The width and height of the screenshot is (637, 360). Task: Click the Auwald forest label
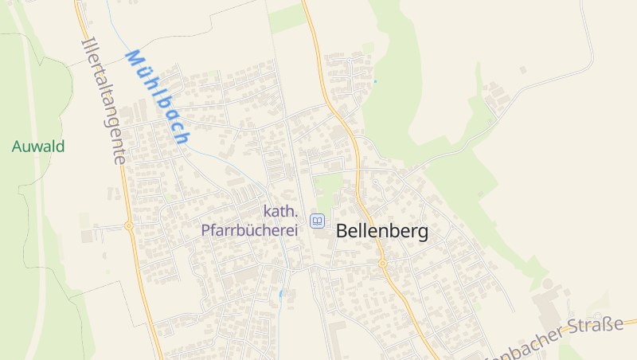click(x=38, y=147)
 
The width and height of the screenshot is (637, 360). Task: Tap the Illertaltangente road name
click(x=104, y=100)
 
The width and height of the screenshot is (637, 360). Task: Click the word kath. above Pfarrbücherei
click(x=280, y=212)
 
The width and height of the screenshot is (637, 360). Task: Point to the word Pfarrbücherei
click(x=249, y=230)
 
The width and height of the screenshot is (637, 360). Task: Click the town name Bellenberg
click(x=382, y=232)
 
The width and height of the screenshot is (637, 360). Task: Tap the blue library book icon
click(x=318, y=221)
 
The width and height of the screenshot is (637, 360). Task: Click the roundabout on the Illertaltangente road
click(x=128, y=226)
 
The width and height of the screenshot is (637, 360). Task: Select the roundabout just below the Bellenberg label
click(x=382, y=263)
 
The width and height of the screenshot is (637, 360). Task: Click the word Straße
click(x=596, y=327)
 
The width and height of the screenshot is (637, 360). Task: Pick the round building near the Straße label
click(x=547, y=284)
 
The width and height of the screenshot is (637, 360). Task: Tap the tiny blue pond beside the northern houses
click(x=375, y=81)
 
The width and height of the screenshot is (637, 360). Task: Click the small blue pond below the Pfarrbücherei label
click(x=280, y=294)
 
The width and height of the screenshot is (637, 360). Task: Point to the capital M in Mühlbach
click(x=133, y=59)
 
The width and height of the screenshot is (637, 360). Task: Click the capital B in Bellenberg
click(x=343, y=232)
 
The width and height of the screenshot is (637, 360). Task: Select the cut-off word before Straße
click(x=530, y=344)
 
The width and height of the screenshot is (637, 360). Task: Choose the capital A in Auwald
click(x=17, y=147)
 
